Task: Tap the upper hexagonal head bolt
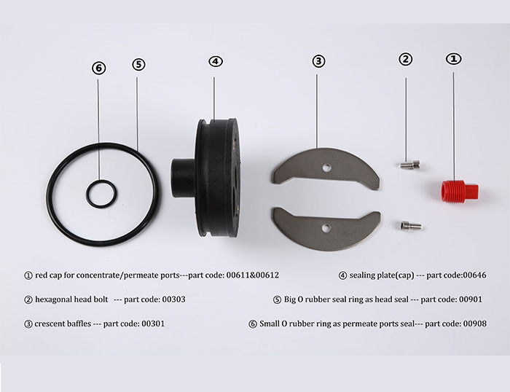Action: pos(409,164)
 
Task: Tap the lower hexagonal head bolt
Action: pos(411,225)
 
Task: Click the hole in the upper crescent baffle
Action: pos(326,168)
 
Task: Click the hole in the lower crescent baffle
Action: pos(326,228)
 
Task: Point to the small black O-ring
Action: pos(101,181)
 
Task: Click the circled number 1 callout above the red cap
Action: pos(454,59)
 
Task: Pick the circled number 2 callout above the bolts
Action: pos(406,59)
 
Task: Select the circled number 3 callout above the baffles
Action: pos(318,60)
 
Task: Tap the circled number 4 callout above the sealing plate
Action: pos(216,61)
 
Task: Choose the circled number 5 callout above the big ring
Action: pos(138,64)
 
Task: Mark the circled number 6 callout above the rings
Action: pos(99,68)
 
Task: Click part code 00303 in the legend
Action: pos(173,299)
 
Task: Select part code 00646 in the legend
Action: pos(474,275)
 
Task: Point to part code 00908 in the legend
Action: pos(475,324)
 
